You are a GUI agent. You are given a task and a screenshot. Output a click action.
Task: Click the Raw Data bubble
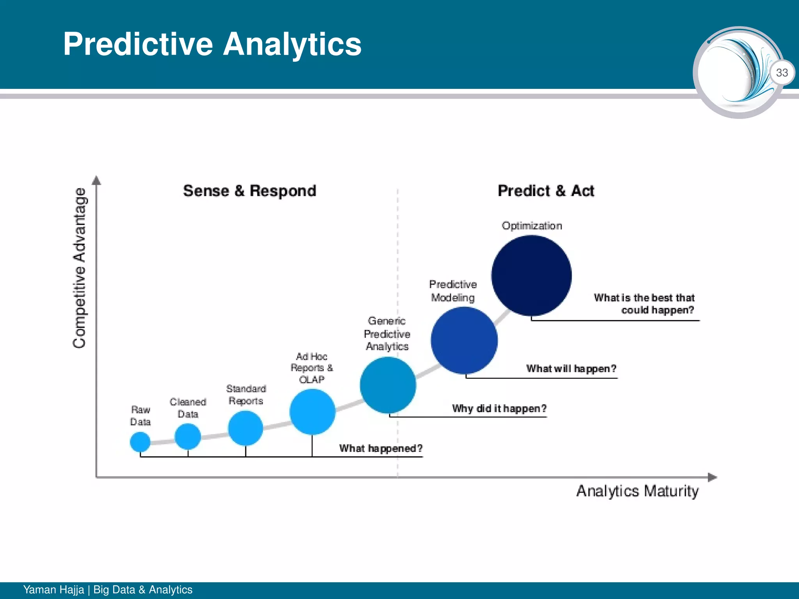[x=140, y=442]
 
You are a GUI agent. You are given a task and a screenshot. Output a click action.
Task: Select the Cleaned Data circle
[x=188, y=436]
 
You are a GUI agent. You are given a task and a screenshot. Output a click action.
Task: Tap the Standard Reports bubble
[x=245, y=428]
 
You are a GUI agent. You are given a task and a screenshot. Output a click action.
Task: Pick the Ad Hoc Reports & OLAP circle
[x=312, y=412]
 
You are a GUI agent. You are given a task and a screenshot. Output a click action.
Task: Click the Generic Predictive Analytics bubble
[x=388, y=385]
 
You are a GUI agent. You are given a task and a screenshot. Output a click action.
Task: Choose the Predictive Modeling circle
[x=464, y=340]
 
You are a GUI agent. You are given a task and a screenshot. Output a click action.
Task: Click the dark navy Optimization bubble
[x=531, y=276]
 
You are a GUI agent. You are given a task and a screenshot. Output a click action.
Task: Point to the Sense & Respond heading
[x=250, y=191]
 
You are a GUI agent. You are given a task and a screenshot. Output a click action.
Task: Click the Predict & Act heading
[x=546, y=191]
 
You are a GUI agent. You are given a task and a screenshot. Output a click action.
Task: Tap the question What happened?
[x=381, y=448]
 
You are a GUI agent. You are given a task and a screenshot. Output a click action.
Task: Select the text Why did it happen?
[x=499, y=409]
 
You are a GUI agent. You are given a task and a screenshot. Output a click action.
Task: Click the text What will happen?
[x=571, y=369]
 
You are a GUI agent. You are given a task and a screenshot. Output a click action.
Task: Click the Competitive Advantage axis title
[x=80, y=268]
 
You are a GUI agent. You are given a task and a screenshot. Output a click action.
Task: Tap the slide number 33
[x=782, y=73]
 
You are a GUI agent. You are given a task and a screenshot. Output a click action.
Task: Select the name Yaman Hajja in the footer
[x=53, y=590]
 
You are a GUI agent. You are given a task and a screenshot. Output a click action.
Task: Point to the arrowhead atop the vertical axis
[x=96, y=180]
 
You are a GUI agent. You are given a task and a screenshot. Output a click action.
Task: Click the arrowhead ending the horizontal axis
[x=712, y=477]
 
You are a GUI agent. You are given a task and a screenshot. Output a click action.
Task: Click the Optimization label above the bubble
[x=532, y=226]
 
